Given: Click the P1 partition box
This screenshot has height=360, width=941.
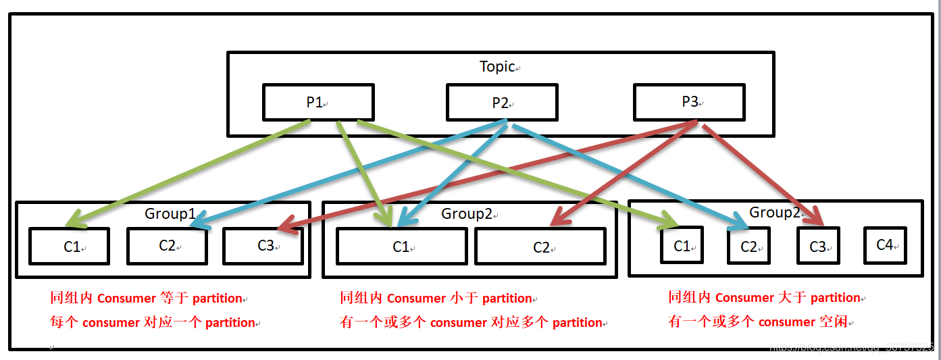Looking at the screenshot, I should [317, 103].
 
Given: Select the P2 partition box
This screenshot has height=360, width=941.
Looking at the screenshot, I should [502, 103].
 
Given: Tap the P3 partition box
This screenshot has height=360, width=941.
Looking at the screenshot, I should [689, 103].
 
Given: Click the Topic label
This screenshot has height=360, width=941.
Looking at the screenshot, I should [497, 67].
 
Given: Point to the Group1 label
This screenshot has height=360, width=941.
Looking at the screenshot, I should [170, 214].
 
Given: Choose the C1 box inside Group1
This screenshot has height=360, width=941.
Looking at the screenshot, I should [69, 247].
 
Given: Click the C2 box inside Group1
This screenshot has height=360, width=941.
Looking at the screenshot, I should [167, 246].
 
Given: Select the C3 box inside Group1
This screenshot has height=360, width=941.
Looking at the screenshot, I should [263, 246].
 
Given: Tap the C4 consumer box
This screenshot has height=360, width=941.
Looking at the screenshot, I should [885, 245].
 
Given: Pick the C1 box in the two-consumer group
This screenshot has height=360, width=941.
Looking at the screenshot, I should [401, 247].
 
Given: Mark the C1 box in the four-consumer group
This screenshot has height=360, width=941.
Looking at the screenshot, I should [682, 246].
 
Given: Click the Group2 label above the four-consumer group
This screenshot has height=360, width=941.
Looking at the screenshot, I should [774, 213].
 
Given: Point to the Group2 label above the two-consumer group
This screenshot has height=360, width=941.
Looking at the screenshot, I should [467, 214].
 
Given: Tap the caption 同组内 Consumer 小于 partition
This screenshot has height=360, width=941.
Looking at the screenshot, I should [436, 299].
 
